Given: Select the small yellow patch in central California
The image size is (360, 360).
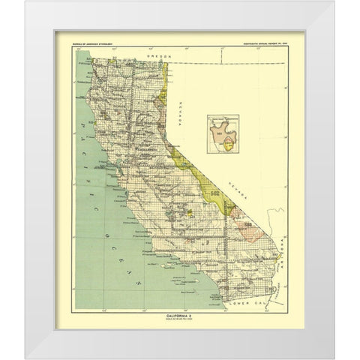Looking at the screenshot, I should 191,213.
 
